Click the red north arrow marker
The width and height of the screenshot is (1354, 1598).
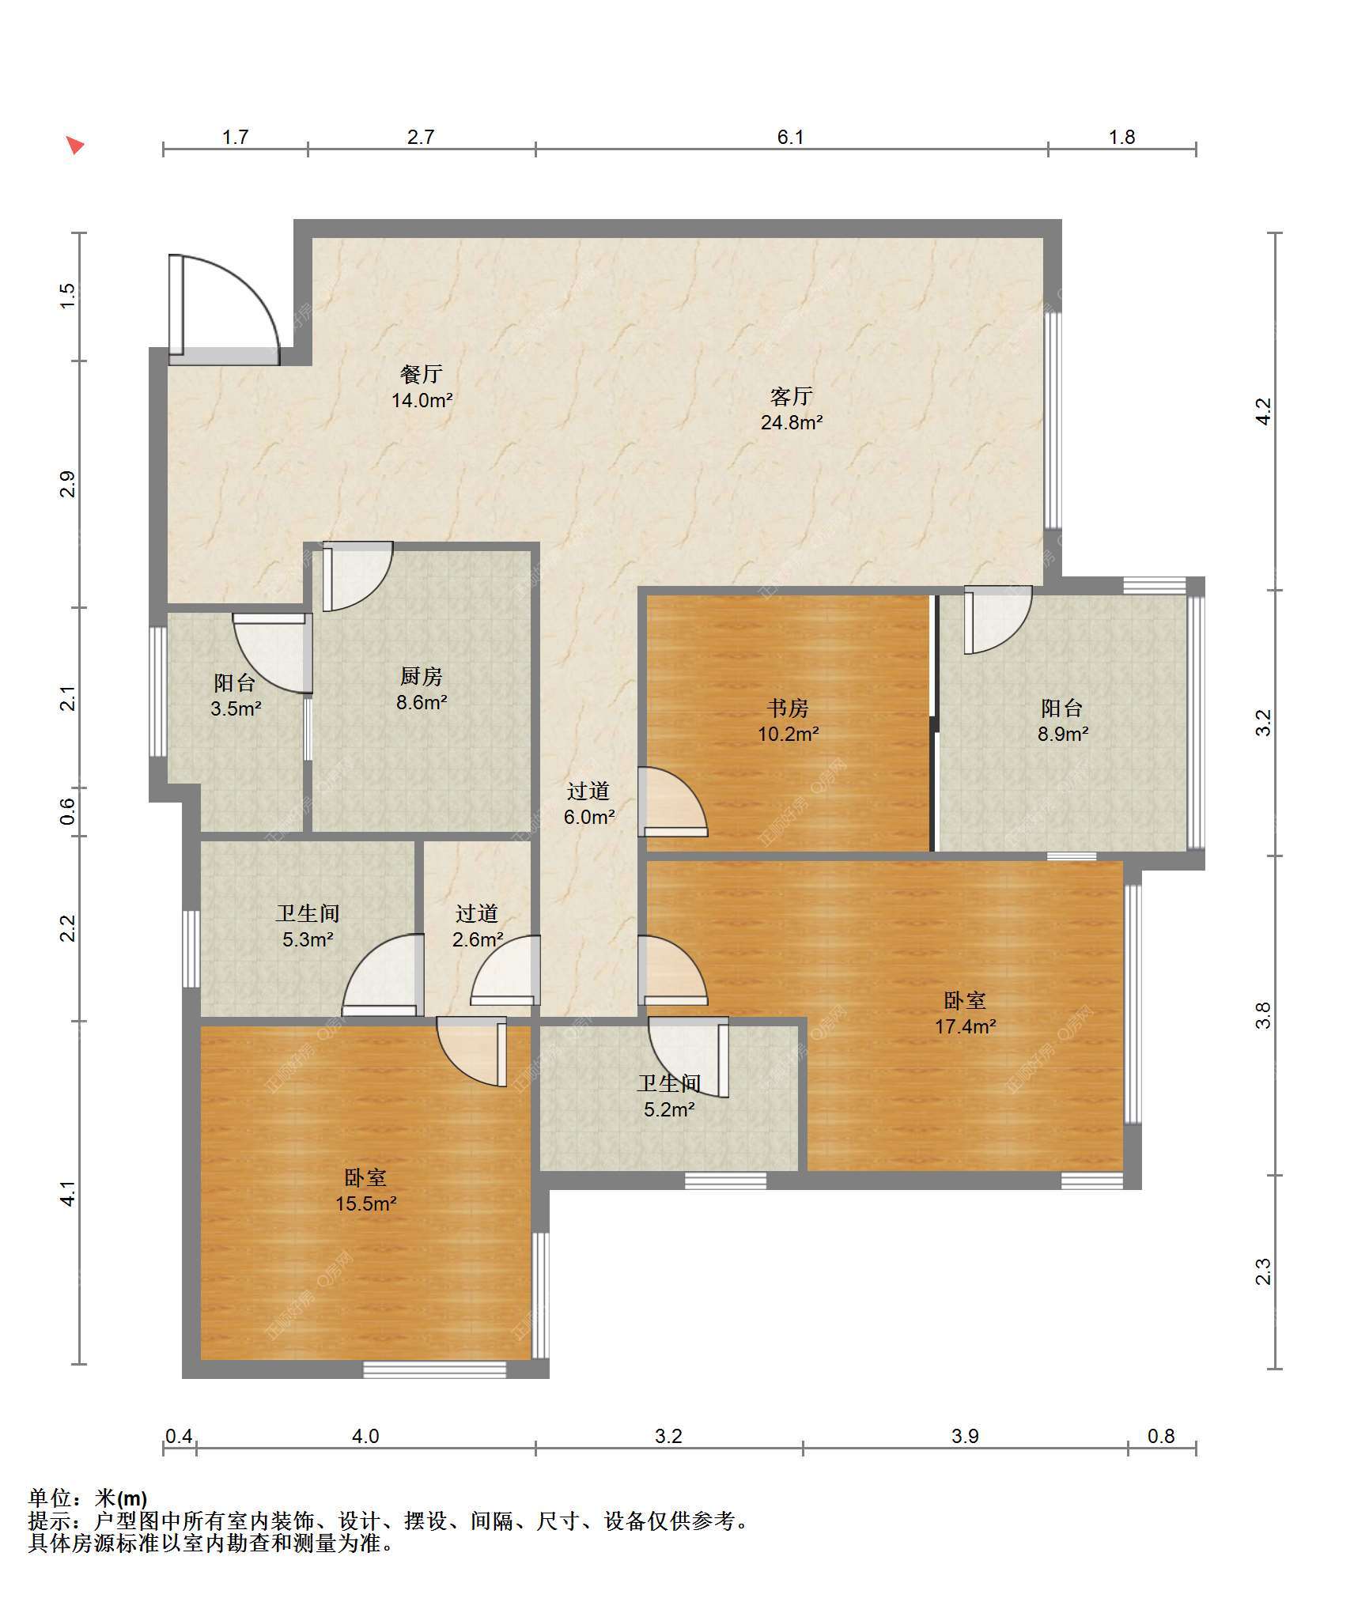coord(75,145)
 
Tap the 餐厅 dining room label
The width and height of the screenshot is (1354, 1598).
coord(422,373)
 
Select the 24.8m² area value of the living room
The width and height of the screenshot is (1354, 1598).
coord(792,422)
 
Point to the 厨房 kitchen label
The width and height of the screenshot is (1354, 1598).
coord(421,676)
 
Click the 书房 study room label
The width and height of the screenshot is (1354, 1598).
coord(788,708)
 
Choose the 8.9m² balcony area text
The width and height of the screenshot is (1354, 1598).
coord(1063,734)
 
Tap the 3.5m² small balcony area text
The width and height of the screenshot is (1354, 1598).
coord(236,708)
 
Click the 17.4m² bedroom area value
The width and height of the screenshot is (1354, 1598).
coord(965,1026)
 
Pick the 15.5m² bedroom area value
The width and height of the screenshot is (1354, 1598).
coord(365,1203)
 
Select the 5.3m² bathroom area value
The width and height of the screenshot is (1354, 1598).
coord(308,939)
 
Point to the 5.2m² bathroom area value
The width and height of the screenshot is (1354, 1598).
coord(669,1109)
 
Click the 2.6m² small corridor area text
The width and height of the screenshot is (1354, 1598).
coord(478,939)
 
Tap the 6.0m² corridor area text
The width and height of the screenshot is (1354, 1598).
coord(589,817)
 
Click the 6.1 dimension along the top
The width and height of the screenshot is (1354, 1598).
coord(790,137)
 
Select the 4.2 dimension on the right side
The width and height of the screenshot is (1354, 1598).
coord(1264,411)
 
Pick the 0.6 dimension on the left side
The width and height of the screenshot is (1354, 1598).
coord(68,811)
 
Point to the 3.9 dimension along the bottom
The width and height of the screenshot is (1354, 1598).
coord(965,1436)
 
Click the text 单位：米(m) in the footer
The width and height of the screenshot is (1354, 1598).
coord(88,1498)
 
